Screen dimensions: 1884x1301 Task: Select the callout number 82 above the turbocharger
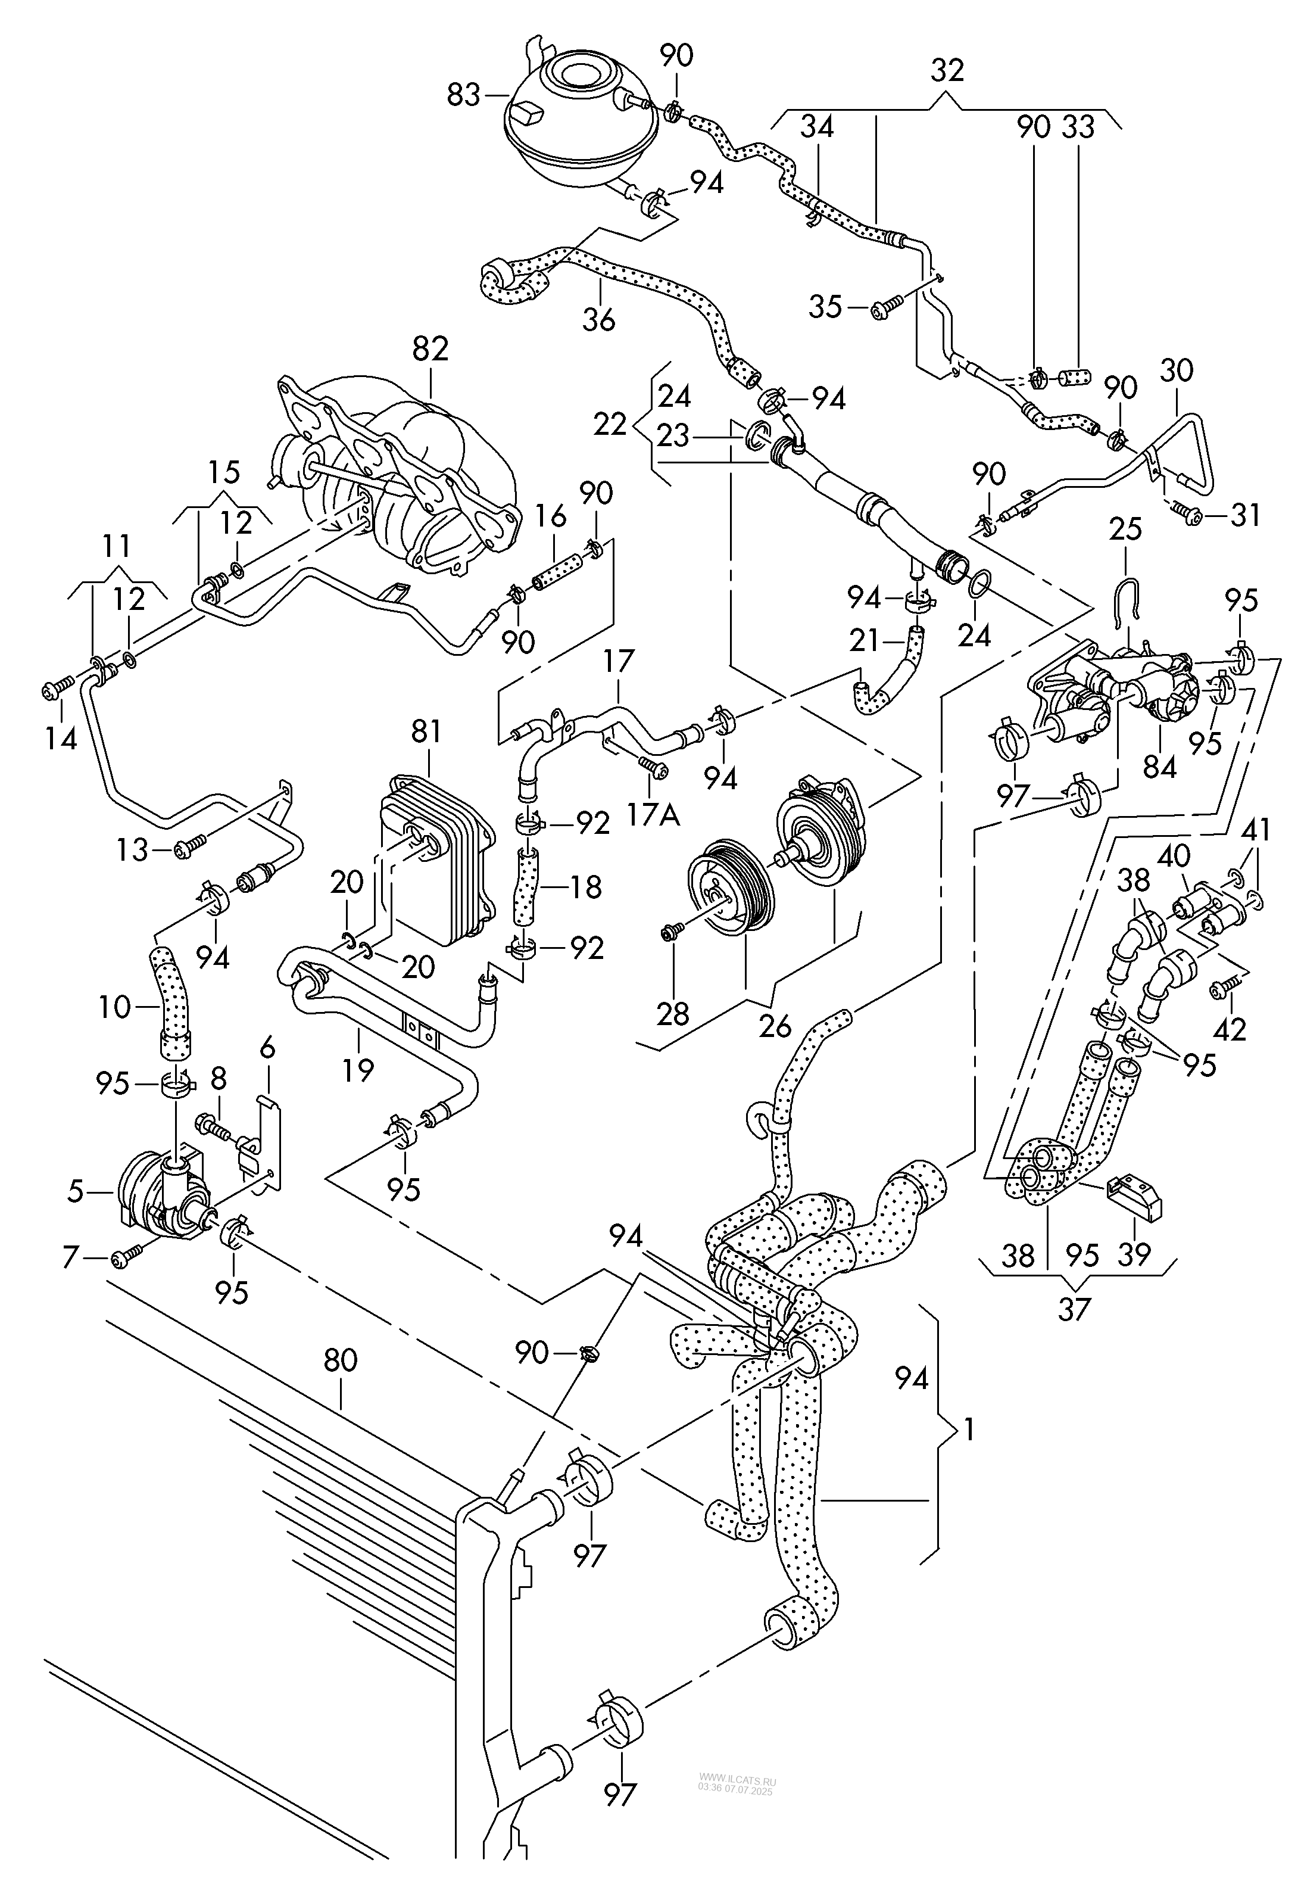tap(430, 349)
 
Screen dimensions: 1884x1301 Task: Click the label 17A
tap(654, 813)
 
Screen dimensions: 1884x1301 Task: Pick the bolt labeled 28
tap(672, 931)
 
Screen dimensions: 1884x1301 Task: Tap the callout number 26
tap(775, 1026)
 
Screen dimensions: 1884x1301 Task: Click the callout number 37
tap(1074, 1309)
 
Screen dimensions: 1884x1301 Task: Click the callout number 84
tap(1159, 767)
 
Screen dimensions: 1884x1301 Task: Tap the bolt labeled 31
tap(1190, 515)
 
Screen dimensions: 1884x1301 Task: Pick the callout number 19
tap(357, 1069)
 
